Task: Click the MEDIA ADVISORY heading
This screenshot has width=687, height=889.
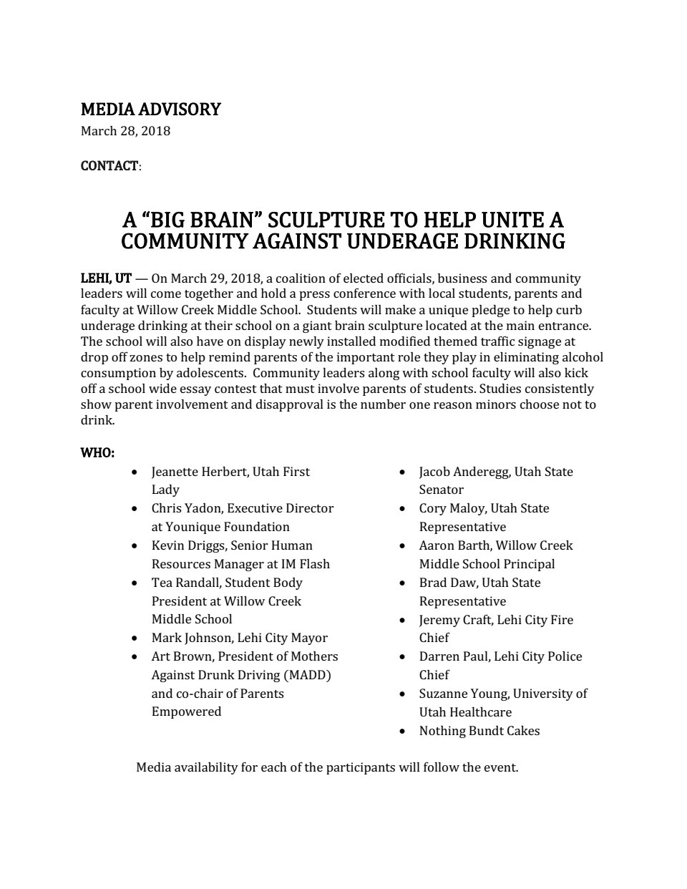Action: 150,110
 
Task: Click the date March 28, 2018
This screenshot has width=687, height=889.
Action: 125,131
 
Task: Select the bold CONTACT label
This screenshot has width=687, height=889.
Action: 109,166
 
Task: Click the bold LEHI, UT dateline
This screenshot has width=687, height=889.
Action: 106,278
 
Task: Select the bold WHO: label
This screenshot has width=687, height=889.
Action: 97,453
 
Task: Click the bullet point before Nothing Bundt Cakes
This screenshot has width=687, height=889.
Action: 404,732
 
